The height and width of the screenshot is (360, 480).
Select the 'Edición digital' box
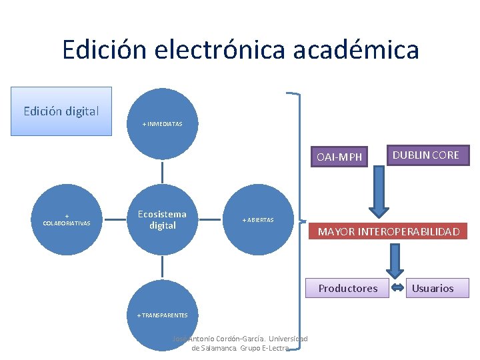(61, 111)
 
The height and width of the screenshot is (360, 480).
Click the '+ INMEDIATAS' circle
(163, 124)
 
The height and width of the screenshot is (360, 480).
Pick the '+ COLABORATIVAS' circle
(67, 220)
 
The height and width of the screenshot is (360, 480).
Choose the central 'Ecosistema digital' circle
(162, 220)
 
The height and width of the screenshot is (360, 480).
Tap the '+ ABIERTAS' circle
(258, 220)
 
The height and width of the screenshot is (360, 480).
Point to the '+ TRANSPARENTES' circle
(163, 315)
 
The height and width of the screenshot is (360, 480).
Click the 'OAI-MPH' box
(339, 157)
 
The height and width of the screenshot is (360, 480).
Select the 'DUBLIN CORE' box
(425, 155)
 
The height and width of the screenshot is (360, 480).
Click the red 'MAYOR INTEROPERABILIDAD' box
(389, 232)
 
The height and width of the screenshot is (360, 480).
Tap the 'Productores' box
(347, 289)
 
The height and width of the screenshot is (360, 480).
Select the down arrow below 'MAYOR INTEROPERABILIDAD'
(395, 260)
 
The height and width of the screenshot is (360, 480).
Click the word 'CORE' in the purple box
(445, 155)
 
